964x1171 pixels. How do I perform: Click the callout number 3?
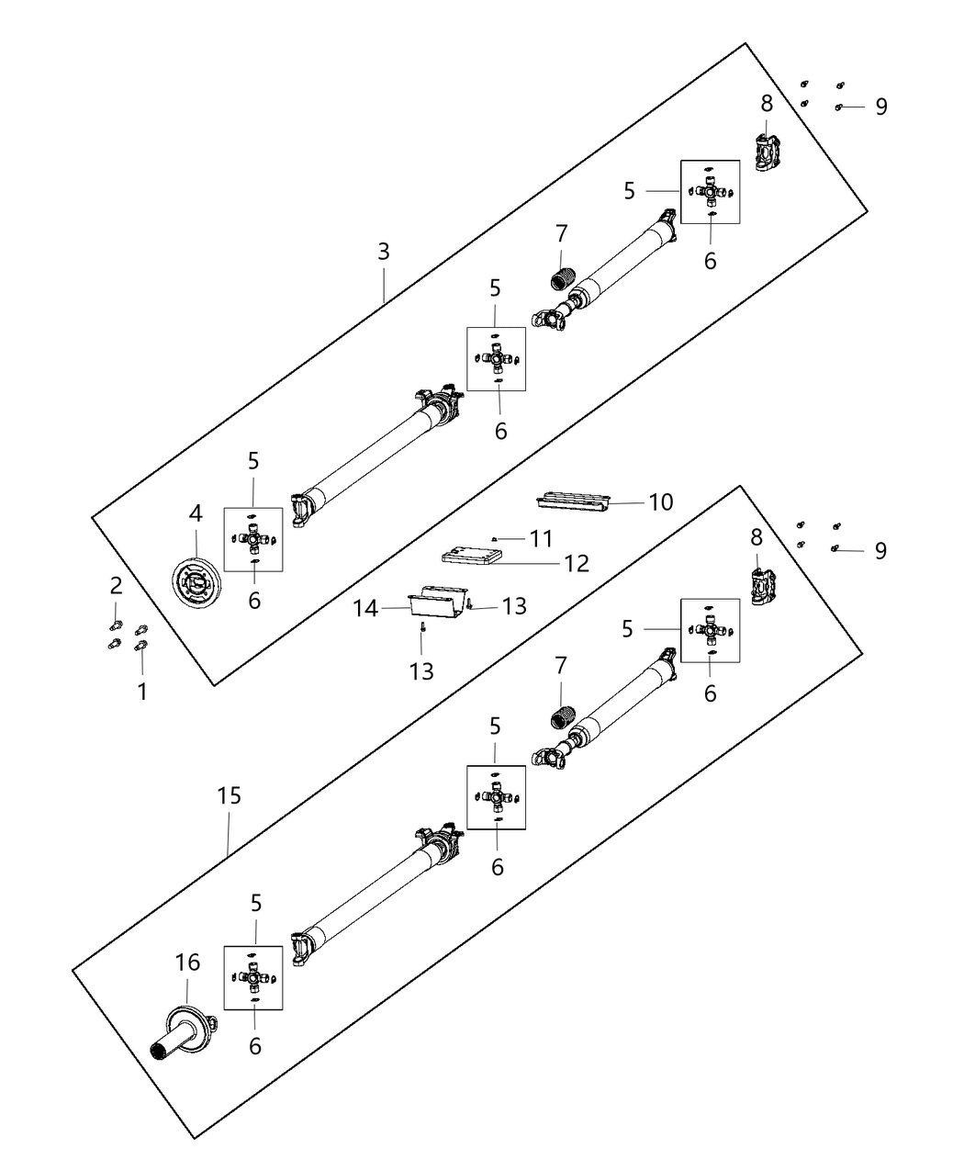384,251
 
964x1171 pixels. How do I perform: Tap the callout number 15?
229,795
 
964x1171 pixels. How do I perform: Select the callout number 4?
196,514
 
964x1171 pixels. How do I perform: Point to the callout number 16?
187,963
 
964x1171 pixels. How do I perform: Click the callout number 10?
661,502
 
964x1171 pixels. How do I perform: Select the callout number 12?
577,562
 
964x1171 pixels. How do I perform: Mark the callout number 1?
142,691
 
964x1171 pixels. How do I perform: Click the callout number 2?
117,585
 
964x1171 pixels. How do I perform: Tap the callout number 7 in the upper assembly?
562,234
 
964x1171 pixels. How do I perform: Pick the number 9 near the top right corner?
881,107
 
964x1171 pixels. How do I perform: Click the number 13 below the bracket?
421,671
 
